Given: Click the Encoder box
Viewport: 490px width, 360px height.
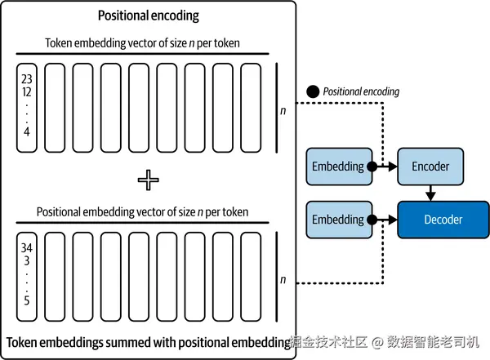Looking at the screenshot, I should point(430,166).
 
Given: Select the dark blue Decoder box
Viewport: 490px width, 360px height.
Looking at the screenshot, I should point(442,220).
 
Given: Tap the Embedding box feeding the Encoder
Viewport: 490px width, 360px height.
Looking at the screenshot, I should point(337,166).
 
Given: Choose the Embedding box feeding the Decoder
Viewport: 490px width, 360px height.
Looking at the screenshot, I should point(337,220).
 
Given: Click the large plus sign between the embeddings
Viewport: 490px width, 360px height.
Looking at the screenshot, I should point(148,180).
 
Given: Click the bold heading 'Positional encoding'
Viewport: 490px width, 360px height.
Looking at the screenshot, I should point(148,16).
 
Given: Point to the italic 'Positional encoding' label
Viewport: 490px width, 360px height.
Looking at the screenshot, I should point(361,91).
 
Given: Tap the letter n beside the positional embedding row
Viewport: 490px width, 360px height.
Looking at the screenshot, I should point(283,280).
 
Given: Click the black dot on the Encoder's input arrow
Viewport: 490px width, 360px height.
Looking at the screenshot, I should point(372,166).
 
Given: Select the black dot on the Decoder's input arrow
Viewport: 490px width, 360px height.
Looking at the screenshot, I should point(372,220).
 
